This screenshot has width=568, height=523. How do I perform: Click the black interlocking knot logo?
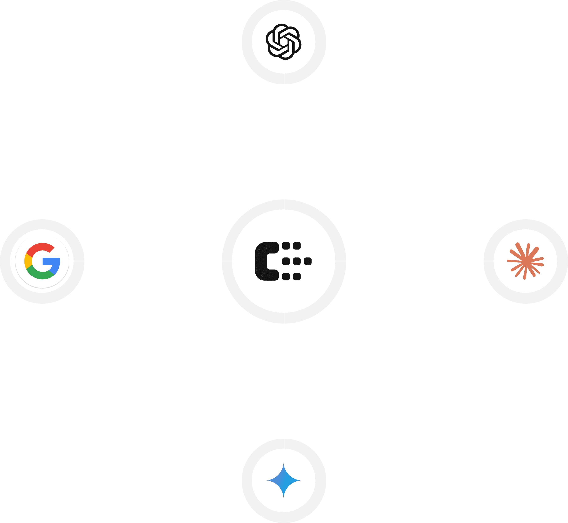(x=283, y=42)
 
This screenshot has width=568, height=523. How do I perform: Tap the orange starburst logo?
(x=525, y=261)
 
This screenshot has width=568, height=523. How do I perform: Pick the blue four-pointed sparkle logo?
(x=283, y=480)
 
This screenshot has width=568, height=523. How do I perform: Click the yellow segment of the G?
(x=28, y=261)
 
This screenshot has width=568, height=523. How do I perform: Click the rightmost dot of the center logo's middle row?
(x=308, y=261)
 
